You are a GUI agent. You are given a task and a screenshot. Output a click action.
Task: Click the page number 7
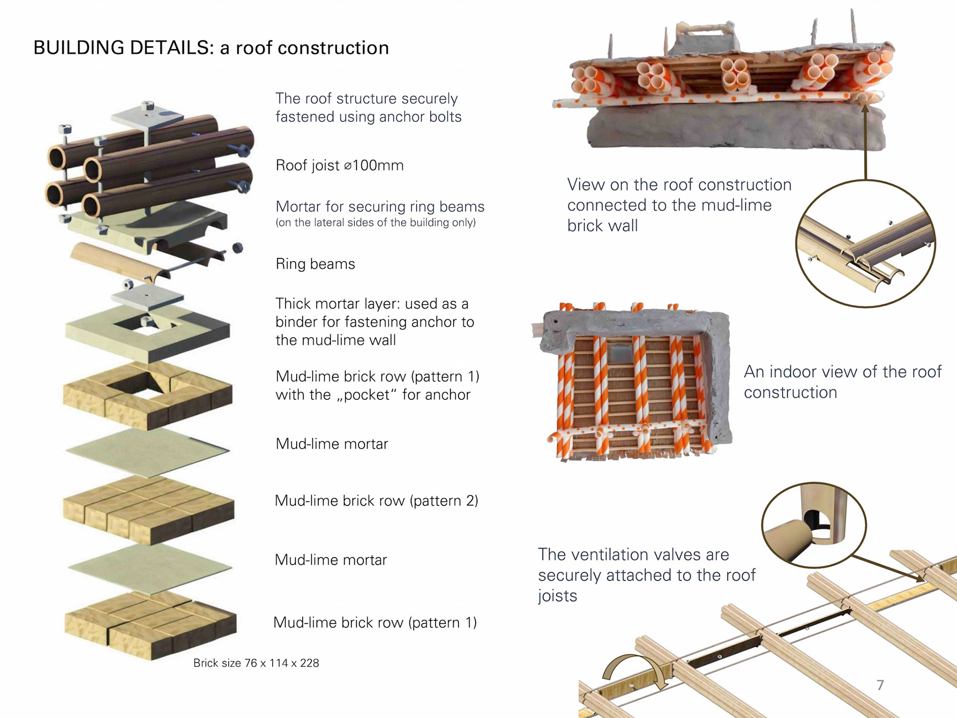pyautogui.click(x=880, y=685)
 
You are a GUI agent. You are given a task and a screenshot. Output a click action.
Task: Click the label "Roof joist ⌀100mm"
pyautogui.click(x=339, y=165)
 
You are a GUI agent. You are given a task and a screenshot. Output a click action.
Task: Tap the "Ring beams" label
pyautogui.click(x=315, y=264)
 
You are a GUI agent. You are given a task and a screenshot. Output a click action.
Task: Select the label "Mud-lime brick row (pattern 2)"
pyautogui.click(x=376, y=501)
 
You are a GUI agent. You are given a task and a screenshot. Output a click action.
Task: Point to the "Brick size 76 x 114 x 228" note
pyautogui.click(x=256, y=663)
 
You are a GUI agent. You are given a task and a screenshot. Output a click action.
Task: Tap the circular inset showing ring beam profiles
pyautogui.click(x=865, y=244)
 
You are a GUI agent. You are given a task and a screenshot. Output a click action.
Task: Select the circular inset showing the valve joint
pyautogui.click(x=813, y=525)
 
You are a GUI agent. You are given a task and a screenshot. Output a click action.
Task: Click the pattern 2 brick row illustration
pyautogui.click(x=149, y=509)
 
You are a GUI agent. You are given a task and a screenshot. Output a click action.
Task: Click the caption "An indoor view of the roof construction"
pyautogui.click(x=842, y=382)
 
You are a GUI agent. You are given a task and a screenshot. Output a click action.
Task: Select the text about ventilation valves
pyautogui.click(x=646, y=575)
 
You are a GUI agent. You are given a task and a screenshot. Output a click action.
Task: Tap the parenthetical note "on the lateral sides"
pyautogui.click(x=375, y=222)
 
